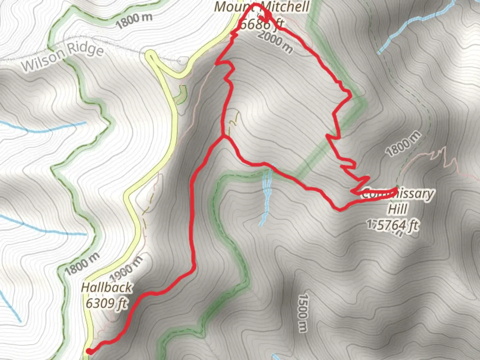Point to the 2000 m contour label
275,42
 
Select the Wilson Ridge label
63,56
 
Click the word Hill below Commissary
397,209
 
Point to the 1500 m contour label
303,313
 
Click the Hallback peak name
106,287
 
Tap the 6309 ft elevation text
106,303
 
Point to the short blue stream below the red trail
266,197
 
